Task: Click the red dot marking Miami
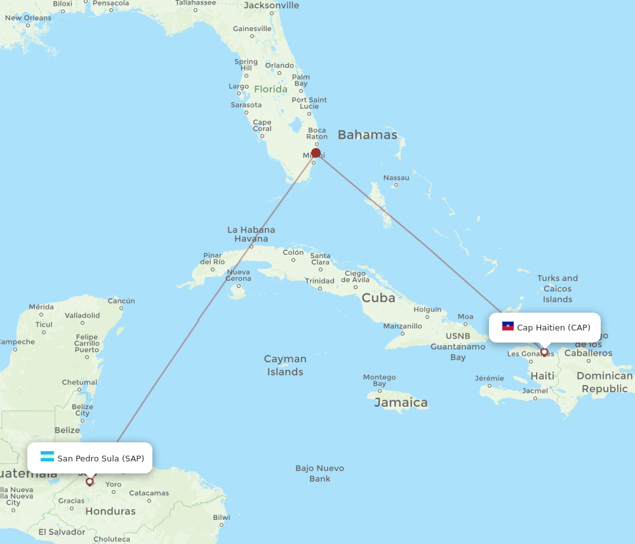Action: coord(316,153)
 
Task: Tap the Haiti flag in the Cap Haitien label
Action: coord(508,327)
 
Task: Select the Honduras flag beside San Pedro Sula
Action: coord(47,457)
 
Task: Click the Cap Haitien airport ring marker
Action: coord(544,352)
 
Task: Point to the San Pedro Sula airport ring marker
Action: coord(90,482)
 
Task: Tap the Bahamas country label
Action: coord(367,135)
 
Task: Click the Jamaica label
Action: coord(401,402)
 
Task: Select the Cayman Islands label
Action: coord(285,365)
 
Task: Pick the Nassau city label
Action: coord(396,177)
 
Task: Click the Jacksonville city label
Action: coord(271,6)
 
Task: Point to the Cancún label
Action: coord(121,301)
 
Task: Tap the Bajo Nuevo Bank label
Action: coord(319,473)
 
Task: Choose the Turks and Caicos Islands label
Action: coord(558,289)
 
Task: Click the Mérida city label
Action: coord(41,307)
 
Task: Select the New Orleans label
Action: coord(28,18)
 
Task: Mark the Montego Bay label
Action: coord(379,380)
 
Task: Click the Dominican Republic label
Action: coord(605,382)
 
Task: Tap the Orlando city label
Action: coord(279,65)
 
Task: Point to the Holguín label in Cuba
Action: coord(427,309)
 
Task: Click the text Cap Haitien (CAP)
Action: coord(554,328)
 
